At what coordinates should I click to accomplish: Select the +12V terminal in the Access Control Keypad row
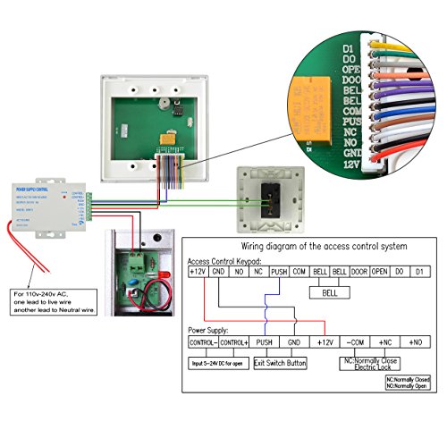click(197, 271)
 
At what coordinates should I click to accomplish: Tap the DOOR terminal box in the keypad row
click(358, 271)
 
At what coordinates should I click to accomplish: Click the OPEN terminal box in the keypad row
click(379, 271)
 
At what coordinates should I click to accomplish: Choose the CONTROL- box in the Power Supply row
click(203, 342)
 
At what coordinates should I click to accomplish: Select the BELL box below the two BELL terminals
click(328, 292)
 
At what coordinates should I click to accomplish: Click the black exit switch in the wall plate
click(269, 194)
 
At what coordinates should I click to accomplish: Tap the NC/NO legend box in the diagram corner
click(407, 382)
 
